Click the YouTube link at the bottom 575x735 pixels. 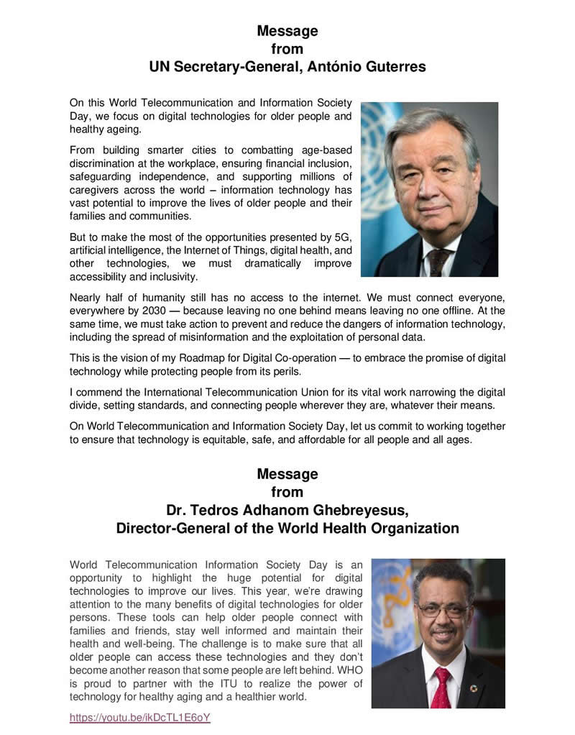(x=140, y=718)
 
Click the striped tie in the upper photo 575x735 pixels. (x=437, y=260)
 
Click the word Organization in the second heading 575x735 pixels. (x=413, y=529)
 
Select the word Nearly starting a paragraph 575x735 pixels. (x=86, y=296)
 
